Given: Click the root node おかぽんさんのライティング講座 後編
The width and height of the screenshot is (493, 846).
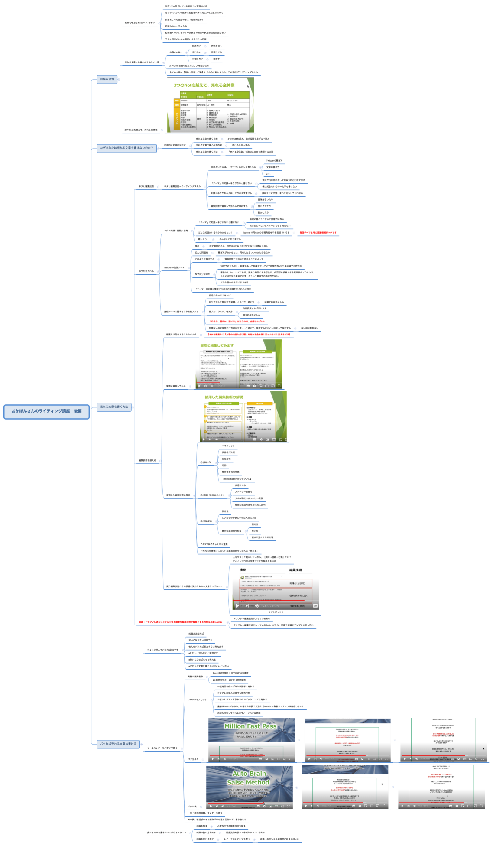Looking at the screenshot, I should click(x=46, y=411).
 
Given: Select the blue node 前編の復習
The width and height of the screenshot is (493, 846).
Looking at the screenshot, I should click(x=107, y=79).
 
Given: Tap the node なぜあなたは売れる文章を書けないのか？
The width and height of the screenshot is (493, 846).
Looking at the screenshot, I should click(x=126, y=148).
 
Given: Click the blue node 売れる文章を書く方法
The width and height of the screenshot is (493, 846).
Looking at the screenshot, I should click(x=114, y=407).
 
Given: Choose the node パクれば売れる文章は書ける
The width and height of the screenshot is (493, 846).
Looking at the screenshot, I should click(x=118, y=744).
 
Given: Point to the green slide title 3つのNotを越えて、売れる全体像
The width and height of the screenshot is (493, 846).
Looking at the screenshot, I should click(x=204, y=85).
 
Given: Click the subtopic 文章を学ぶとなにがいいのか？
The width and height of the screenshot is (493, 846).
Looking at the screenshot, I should click(x=139, y=23).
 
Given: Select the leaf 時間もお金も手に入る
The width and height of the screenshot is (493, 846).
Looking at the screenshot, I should click(x=176, y=26).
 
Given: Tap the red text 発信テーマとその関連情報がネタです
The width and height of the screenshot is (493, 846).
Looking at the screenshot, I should click(x=318, y=233).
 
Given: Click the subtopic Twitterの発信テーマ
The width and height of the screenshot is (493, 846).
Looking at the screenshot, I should click(x=174, y=268).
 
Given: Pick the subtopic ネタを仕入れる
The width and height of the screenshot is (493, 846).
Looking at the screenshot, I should click(x=146, y=271).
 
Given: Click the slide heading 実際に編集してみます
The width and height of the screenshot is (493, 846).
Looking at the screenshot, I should click(x=217, y=345).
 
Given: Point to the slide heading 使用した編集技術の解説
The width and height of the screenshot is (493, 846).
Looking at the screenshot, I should click(x=224, y=397).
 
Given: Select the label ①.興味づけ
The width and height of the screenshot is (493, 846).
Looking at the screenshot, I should click(x=206, y=462).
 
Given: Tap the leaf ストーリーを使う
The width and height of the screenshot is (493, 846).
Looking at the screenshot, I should click(x=243, y=492).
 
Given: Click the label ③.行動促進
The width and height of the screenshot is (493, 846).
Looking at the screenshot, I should click(x=206, y=521).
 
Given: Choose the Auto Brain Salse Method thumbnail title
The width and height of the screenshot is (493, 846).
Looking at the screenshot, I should click(x=248, y=778).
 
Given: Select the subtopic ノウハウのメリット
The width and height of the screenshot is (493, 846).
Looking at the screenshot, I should click(x=197, y=700).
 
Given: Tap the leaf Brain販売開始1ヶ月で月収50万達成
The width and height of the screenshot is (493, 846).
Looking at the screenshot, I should click(x=230, y=674).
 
